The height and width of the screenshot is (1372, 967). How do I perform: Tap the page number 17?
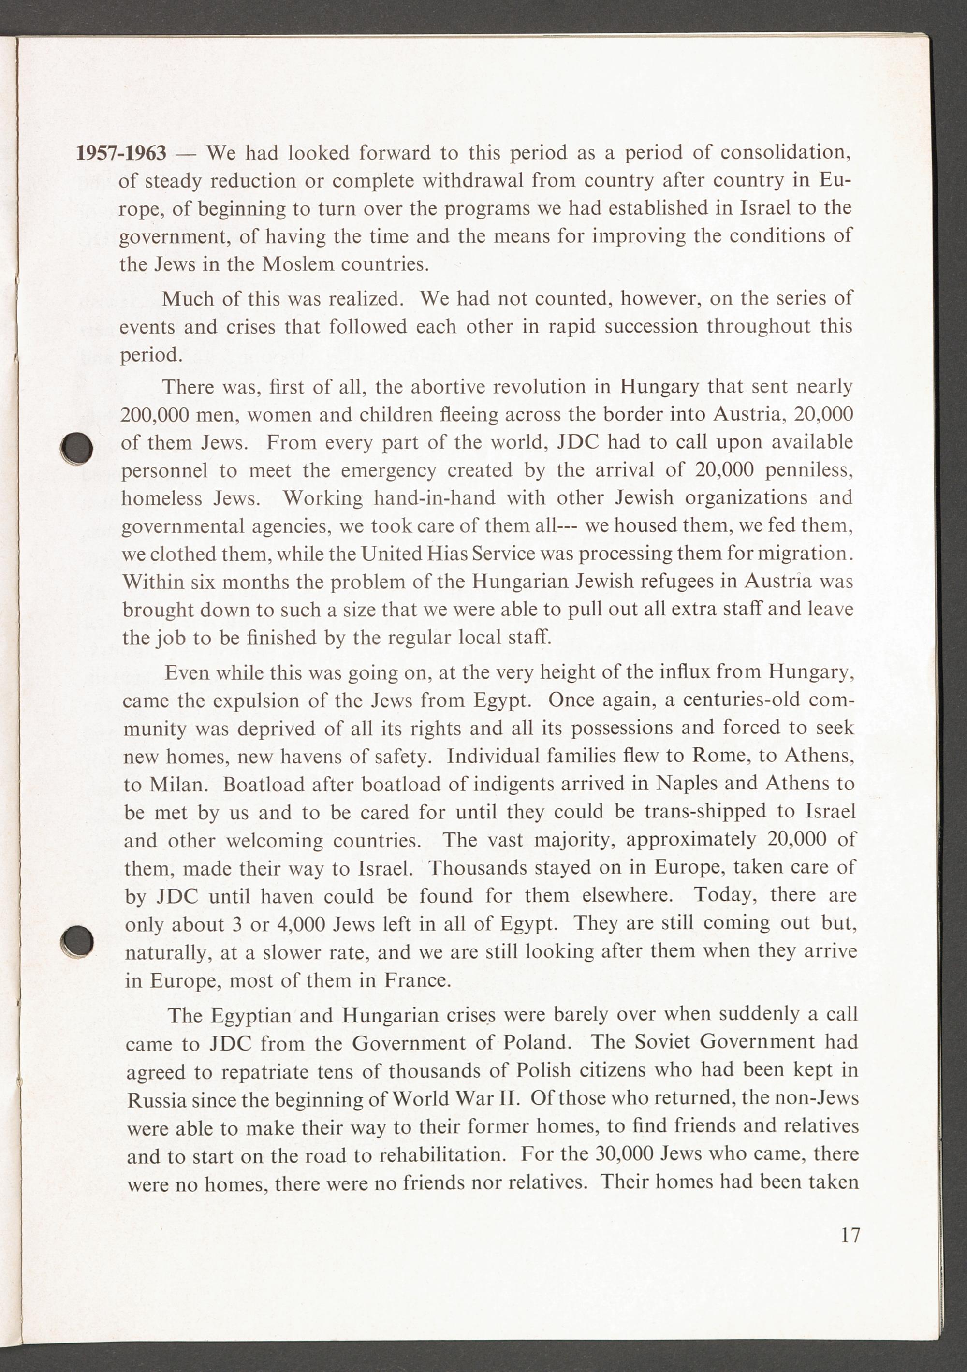(850, 1235)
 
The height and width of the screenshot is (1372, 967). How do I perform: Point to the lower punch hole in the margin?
(78, 941)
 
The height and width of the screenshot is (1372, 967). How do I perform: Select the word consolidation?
(785, 152)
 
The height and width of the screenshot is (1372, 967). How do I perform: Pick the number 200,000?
(154, 415)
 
